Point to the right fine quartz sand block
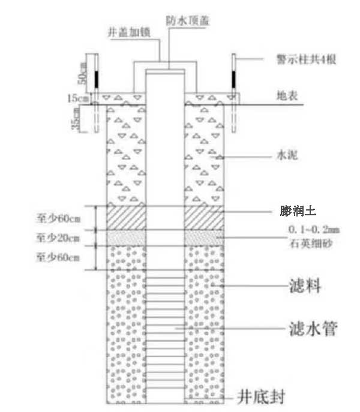205,237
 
